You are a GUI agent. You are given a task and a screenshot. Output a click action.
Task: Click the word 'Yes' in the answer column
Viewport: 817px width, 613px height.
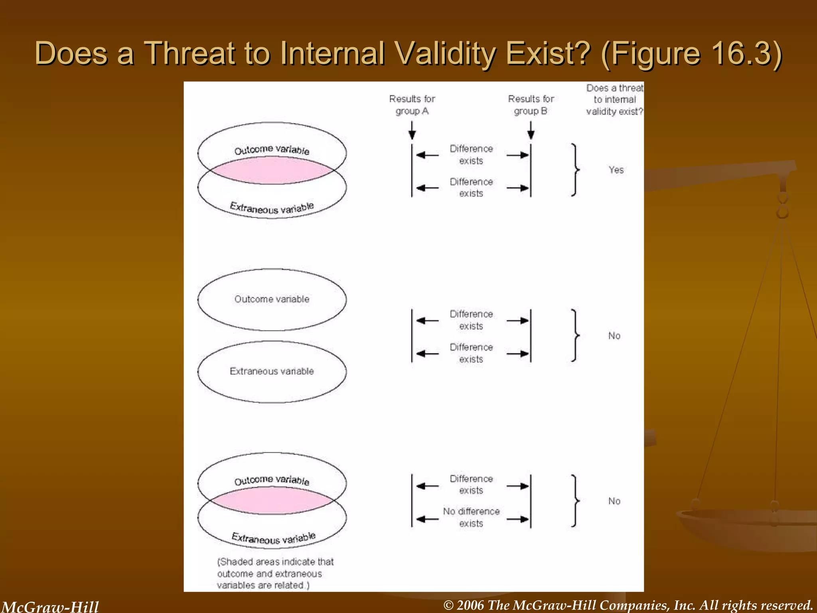point(616,170)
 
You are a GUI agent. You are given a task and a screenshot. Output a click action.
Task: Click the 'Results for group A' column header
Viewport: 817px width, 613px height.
point(412,105)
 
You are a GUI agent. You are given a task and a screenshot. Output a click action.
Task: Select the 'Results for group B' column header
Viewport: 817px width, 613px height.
point(531,105)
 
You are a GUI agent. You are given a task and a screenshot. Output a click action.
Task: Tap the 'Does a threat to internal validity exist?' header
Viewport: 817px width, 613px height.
point(614,100)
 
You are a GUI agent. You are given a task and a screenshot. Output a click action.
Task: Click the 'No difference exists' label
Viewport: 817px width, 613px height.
point(471,517)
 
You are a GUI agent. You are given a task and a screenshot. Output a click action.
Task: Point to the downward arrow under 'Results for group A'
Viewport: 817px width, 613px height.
point(412,131)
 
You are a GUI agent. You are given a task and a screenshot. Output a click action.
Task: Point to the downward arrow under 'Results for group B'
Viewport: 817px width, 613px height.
point(531,131)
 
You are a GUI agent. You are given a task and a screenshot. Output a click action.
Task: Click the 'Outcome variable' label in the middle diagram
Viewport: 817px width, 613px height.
point(272,299)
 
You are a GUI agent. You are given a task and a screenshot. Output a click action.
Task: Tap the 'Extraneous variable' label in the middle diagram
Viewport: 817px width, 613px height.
point(272,371)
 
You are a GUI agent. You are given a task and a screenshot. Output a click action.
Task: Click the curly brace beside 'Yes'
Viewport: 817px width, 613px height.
point(575,170)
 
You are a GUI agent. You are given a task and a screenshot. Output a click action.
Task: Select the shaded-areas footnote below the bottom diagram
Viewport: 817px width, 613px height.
point(275,573)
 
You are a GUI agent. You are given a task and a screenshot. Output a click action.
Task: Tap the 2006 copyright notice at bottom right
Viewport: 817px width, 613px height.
point(628,605)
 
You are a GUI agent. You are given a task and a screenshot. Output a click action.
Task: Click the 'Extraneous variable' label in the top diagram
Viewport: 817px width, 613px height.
point(272,208)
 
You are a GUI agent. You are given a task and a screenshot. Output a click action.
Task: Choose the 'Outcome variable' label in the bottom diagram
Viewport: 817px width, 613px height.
point(272,480)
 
